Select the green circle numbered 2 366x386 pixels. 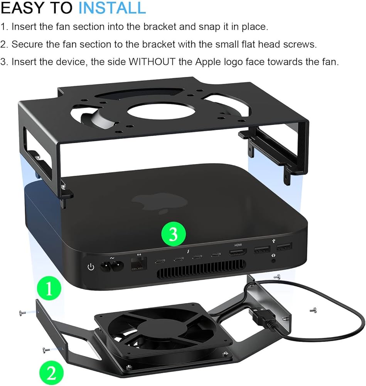point(51,373)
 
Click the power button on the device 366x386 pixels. point(91,267)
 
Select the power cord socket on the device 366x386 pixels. point(112,266)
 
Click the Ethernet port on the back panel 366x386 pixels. point(139,264)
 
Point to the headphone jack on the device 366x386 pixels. point(273,261)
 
